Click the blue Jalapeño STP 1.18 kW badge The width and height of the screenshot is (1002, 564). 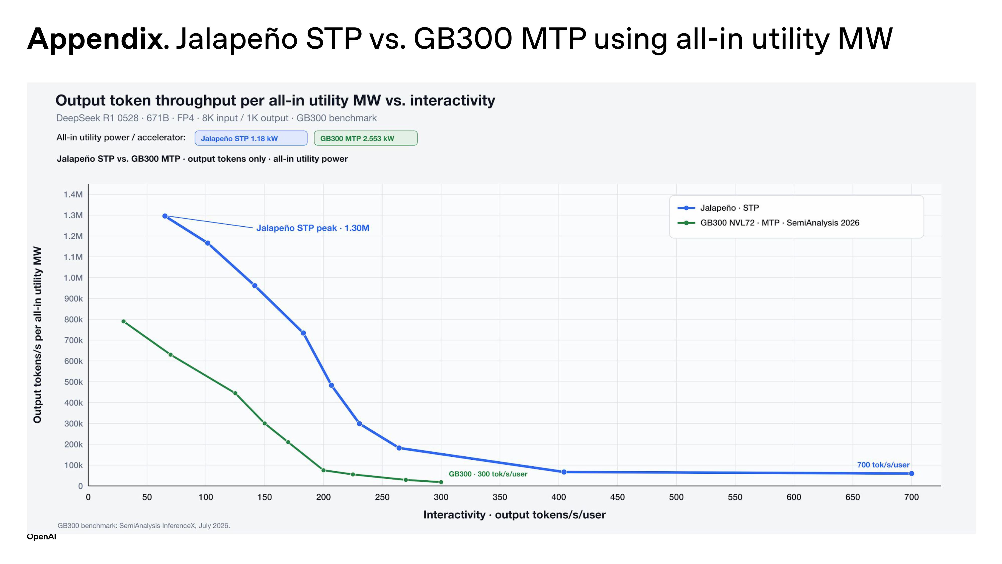tap(251, 138)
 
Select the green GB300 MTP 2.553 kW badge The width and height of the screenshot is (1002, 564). tap(366, 138)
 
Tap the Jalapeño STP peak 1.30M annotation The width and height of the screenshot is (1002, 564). tap(313, 228)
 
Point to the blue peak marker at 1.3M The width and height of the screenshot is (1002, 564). tap(165, 216)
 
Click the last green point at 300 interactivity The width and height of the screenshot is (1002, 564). tap(441, 482)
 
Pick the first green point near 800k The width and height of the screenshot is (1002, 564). tap(123, 321)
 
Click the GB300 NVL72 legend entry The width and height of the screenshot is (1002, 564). tap(768, 223)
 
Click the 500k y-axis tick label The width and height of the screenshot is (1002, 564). tap(73, 382)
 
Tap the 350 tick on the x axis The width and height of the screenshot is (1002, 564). tap(500, 497)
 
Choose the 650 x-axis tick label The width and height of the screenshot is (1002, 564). tap(853, 497)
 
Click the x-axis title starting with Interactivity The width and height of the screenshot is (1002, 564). tap(514, 515)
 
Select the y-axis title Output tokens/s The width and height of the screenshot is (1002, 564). tap(37, 334)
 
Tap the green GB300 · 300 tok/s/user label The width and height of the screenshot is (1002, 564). tap(488, 474)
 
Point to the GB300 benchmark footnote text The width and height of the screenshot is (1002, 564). tap(144, 525)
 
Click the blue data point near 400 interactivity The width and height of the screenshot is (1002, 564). tap(564, 472)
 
